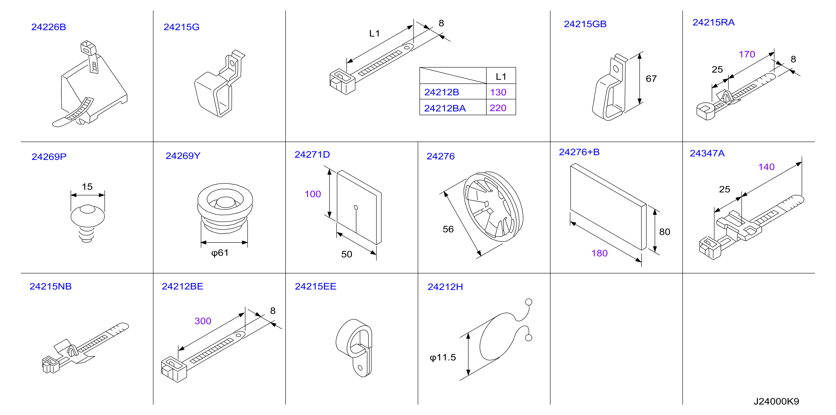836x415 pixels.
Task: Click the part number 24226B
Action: point(49,27)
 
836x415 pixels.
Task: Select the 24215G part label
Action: point(181,27)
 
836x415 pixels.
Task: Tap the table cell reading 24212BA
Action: point(445,108)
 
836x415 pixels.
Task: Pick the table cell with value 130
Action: point(498,92)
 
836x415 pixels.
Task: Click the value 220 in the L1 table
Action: point(498,108)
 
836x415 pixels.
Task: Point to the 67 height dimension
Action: point(651,79)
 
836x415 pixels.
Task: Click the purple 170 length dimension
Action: point(747,54)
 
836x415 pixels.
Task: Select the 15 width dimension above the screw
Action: point(87,187)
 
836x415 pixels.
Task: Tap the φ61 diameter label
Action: point(220,253)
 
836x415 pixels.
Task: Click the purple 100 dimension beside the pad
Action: point(313,194)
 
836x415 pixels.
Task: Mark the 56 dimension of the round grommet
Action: point(448,229)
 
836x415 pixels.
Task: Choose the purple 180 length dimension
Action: point(599,253)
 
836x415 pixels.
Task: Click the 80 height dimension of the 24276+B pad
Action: point(665,232)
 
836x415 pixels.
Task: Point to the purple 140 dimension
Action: point(766,167)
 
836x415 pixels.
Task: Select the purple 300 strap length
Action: point(203,321)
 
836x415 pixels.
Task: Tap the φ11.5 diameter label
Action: point(443,357)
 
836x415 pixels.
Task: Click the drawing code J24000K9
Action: point(776,401)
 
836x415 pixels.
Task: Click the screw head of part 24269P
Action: point(88,215)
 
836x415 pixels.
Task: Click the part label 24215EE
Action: point(316,286)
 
